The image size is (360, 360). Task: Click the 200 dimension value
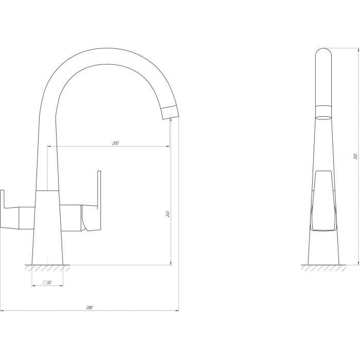pos(116,143)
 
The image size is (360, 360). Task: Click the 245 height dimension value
pos(168,214)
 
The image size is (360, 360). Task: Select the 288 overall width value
pos(89,308)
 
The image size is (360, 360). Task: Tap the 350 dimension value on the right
pos(356,156)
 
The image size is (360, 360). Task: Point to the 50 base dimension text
pos(49,282)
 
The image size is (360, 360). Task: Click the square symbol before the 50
pos(45,282)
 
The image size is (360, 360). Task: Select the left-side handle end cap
pos(2,209)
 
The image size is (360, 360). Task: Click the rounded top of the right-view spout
pos(323,51)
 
